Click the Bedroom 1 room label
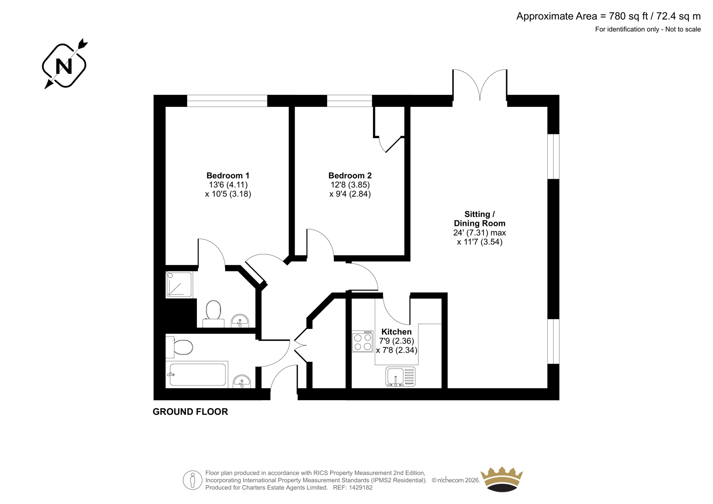(228, 176)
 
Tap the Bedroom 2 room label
(350, 176)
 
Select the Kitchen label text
(396, 332)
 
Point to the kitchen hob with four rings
(362, 341)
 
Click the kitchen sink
(401, 377)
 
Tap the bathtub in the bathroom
(197, 375)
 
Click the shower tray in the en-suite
(179, 284)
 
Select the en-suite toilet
(213, 314)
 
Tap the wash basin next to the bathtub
(242, 381)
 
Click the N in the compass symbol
(64, 66)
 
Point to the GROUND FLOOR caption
(190, 412)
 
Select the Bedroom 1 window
(227, 101)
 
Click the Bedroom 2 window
(349, 101)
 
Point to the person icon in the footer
(192, 480)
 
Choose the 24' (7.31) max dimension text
(479, 233)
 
